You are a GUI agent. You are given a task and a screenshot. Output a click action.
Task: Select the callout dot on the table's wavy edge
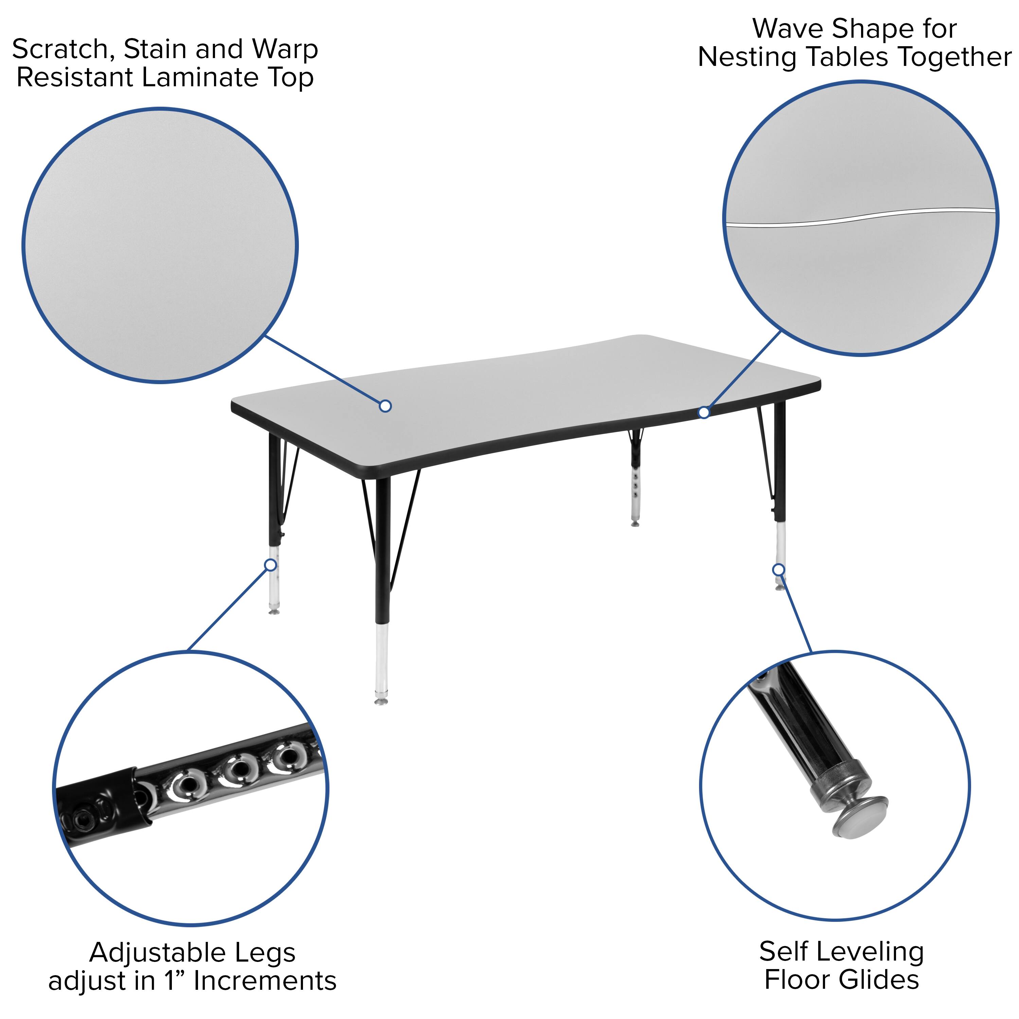703,412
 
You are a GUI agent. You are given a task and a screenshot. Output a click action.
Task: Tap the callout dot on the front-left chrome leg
270,565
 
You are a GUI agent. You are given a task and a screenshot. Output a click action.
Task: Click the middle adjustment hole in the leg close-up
239,766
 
